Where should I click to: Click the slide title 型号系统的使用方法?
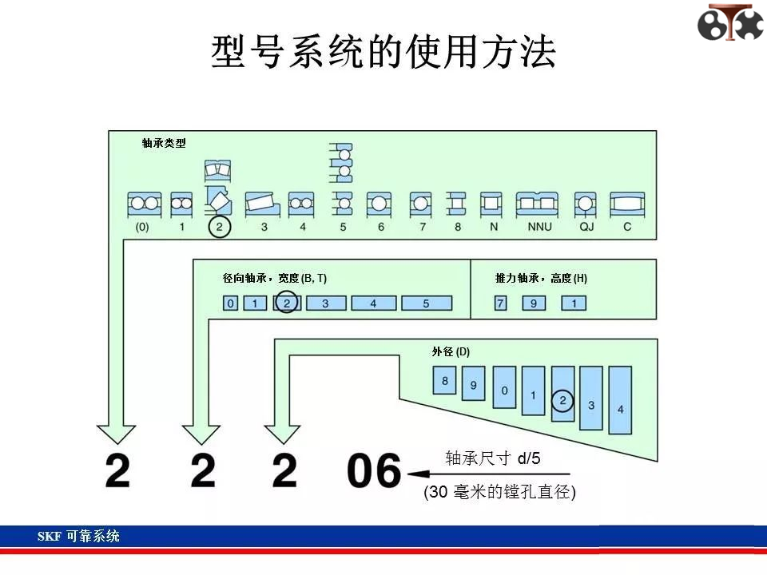coord(383,51)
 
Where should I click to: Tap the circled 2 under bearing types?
coord(219,227)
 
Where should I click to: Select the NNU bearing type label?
coord(539,227)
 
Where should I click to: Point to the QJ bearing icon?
coord(586,204)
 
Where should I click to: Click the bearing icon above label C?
coord(627,204)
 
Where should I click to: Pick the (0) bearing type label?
coord(142,227)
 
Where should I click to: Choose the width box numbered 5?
coord(427,303)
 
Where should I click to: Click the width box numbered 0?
coord(230,303)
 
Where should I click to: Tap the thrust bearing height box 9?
coord(534,303)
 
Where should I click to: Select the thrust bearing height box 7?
coord(500,303)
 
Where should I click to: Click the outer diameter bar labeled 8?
coord(445,380)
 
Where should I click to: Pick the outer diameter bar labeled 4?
coord(620,400)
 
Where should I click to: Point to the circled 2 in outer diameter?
coord(562,400)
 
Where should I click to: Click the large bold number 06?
coord(374,470)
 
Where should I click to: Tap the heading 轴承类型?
coord(164,143)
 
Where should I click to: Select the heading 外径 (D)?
coord(451,351)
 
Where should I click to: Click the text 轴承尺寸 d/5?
coord(493,458)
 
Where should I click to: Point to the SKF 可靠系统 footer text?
coord(78,537)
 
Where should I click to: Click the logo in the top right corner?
coord(730,22)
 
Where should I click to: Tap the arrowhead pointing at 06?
coord(418,474)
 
